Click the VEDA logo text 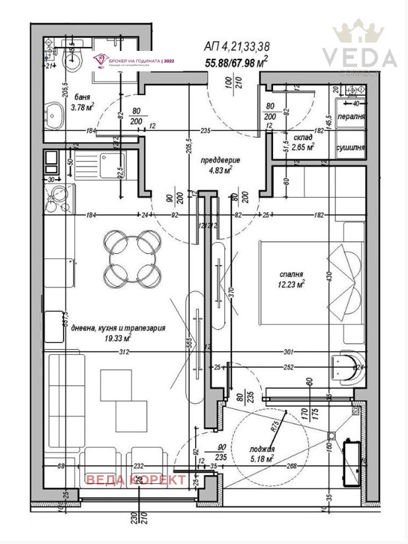pos(360,58)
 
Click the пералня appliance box pos(350,115)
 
